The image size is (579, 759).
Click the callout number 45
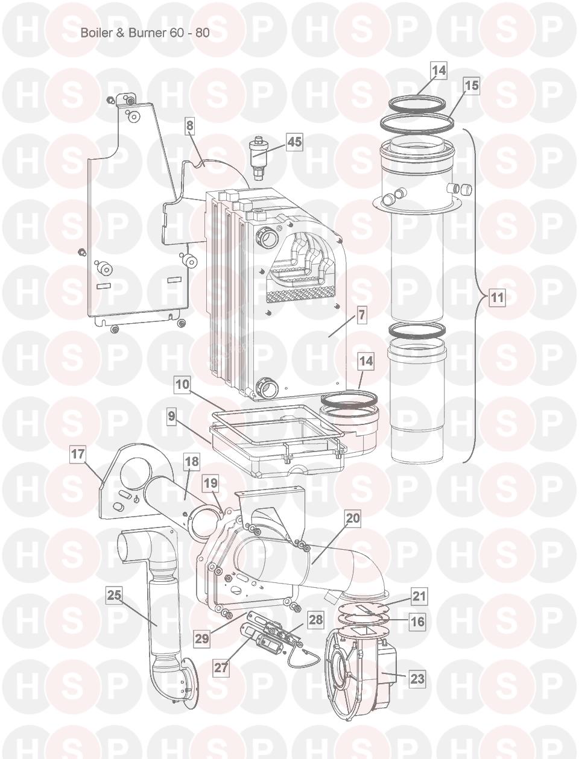[x=294, y=142]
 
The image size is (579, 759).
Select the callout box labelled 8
[x=189, y=125]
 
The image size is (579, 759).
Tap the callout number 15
[x=472, y=86]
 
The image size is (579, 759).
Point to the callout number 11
[x=497, y=297]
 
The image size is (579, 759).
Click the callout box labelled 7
[x=361, y=315]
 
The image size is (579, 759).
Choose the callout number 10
[x=183, y=384]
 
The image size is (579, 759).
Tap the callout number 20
[x=353, y=518]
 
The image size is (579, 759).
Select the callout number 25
[x=114, y=595]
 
